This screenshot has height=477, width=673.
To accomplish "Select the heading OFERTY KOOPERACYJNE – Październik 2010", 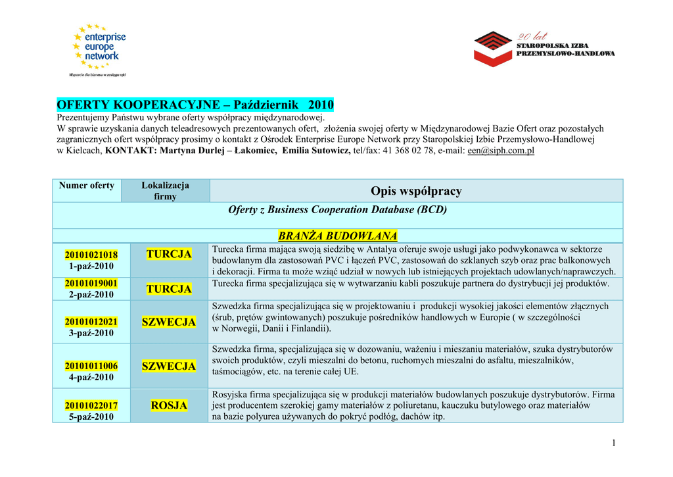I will [195, 105].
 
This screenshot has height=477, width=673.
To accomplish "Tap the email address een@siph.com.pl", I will [501, 151].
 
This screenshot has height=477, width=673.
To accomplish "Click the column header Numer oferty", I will [87, 186].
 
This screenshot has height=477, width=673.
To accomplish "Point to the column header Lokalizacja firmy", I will [165, 191].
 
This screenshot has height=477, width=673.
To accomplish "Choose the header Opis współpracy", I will [416, 191].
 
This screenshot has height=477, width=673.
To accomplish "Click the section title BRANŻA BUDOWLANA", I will [338, 236].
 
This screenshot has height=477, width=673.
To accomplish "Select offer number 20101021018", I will [91, 255].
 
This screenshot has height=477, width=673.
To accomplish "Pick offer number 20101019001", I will [91, 283].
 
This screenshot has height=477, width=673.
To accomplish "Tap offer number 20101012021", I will [91, 322].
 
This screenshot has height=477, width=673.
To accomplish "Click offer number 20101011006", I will [91, 366].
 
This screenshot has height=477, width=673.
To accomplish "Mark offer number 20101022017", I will [91, 406].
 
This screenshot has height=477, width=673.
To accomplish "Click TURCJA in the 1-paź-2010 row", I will [169, 254].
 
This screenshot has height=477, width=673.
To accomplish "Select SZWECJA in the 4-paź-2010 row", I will [169, 366].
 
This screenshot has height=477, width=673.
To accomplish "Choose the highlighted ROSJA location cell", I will [169, 406].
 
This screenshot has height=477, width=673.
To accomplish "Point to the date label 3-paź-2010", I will [91, 334].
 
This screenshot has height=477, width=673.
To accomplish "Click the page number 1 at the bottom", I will [613, 443].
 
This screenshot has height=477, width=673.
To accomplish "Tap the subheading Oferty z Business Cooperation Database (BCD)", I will [337, 210].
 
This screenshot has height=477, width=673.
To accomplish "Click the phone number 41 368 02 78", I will [408, 151].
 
